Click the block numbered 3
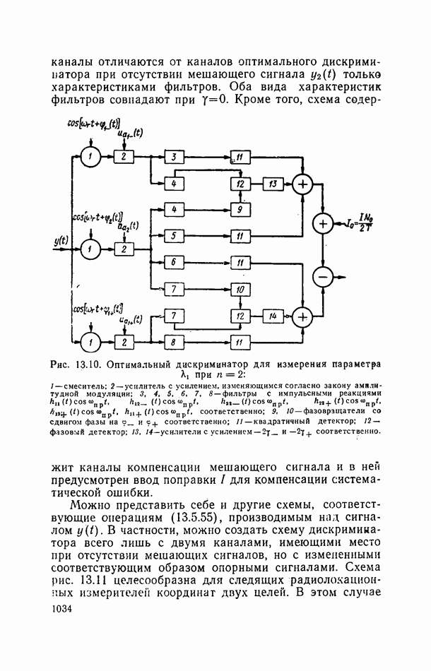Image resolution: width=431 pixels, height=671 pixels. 172,156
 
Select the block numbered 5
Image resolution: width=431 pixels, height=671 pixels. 172,234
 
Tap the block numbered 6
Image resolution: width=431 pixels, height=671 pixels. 172,262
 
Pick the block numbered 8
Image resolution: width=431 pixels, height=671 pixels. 172,342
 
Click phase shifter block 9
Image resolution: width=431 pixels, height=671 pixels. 240,210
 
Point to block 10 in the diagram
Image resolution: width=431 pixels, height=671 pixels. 240,290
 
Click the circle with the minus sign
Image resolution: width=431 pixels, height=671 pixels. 323,277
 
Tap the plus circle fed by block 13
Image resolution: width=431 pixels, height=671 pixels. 302,184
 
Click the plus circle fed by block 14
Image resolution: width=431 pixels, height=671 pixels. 302,316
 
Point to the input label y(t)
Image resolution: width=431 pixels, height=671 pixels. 60,241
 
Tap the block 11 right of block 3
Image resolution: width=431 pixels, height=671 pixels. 240,156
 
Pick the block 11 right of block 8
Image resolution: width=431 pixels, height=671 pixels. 240,342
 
